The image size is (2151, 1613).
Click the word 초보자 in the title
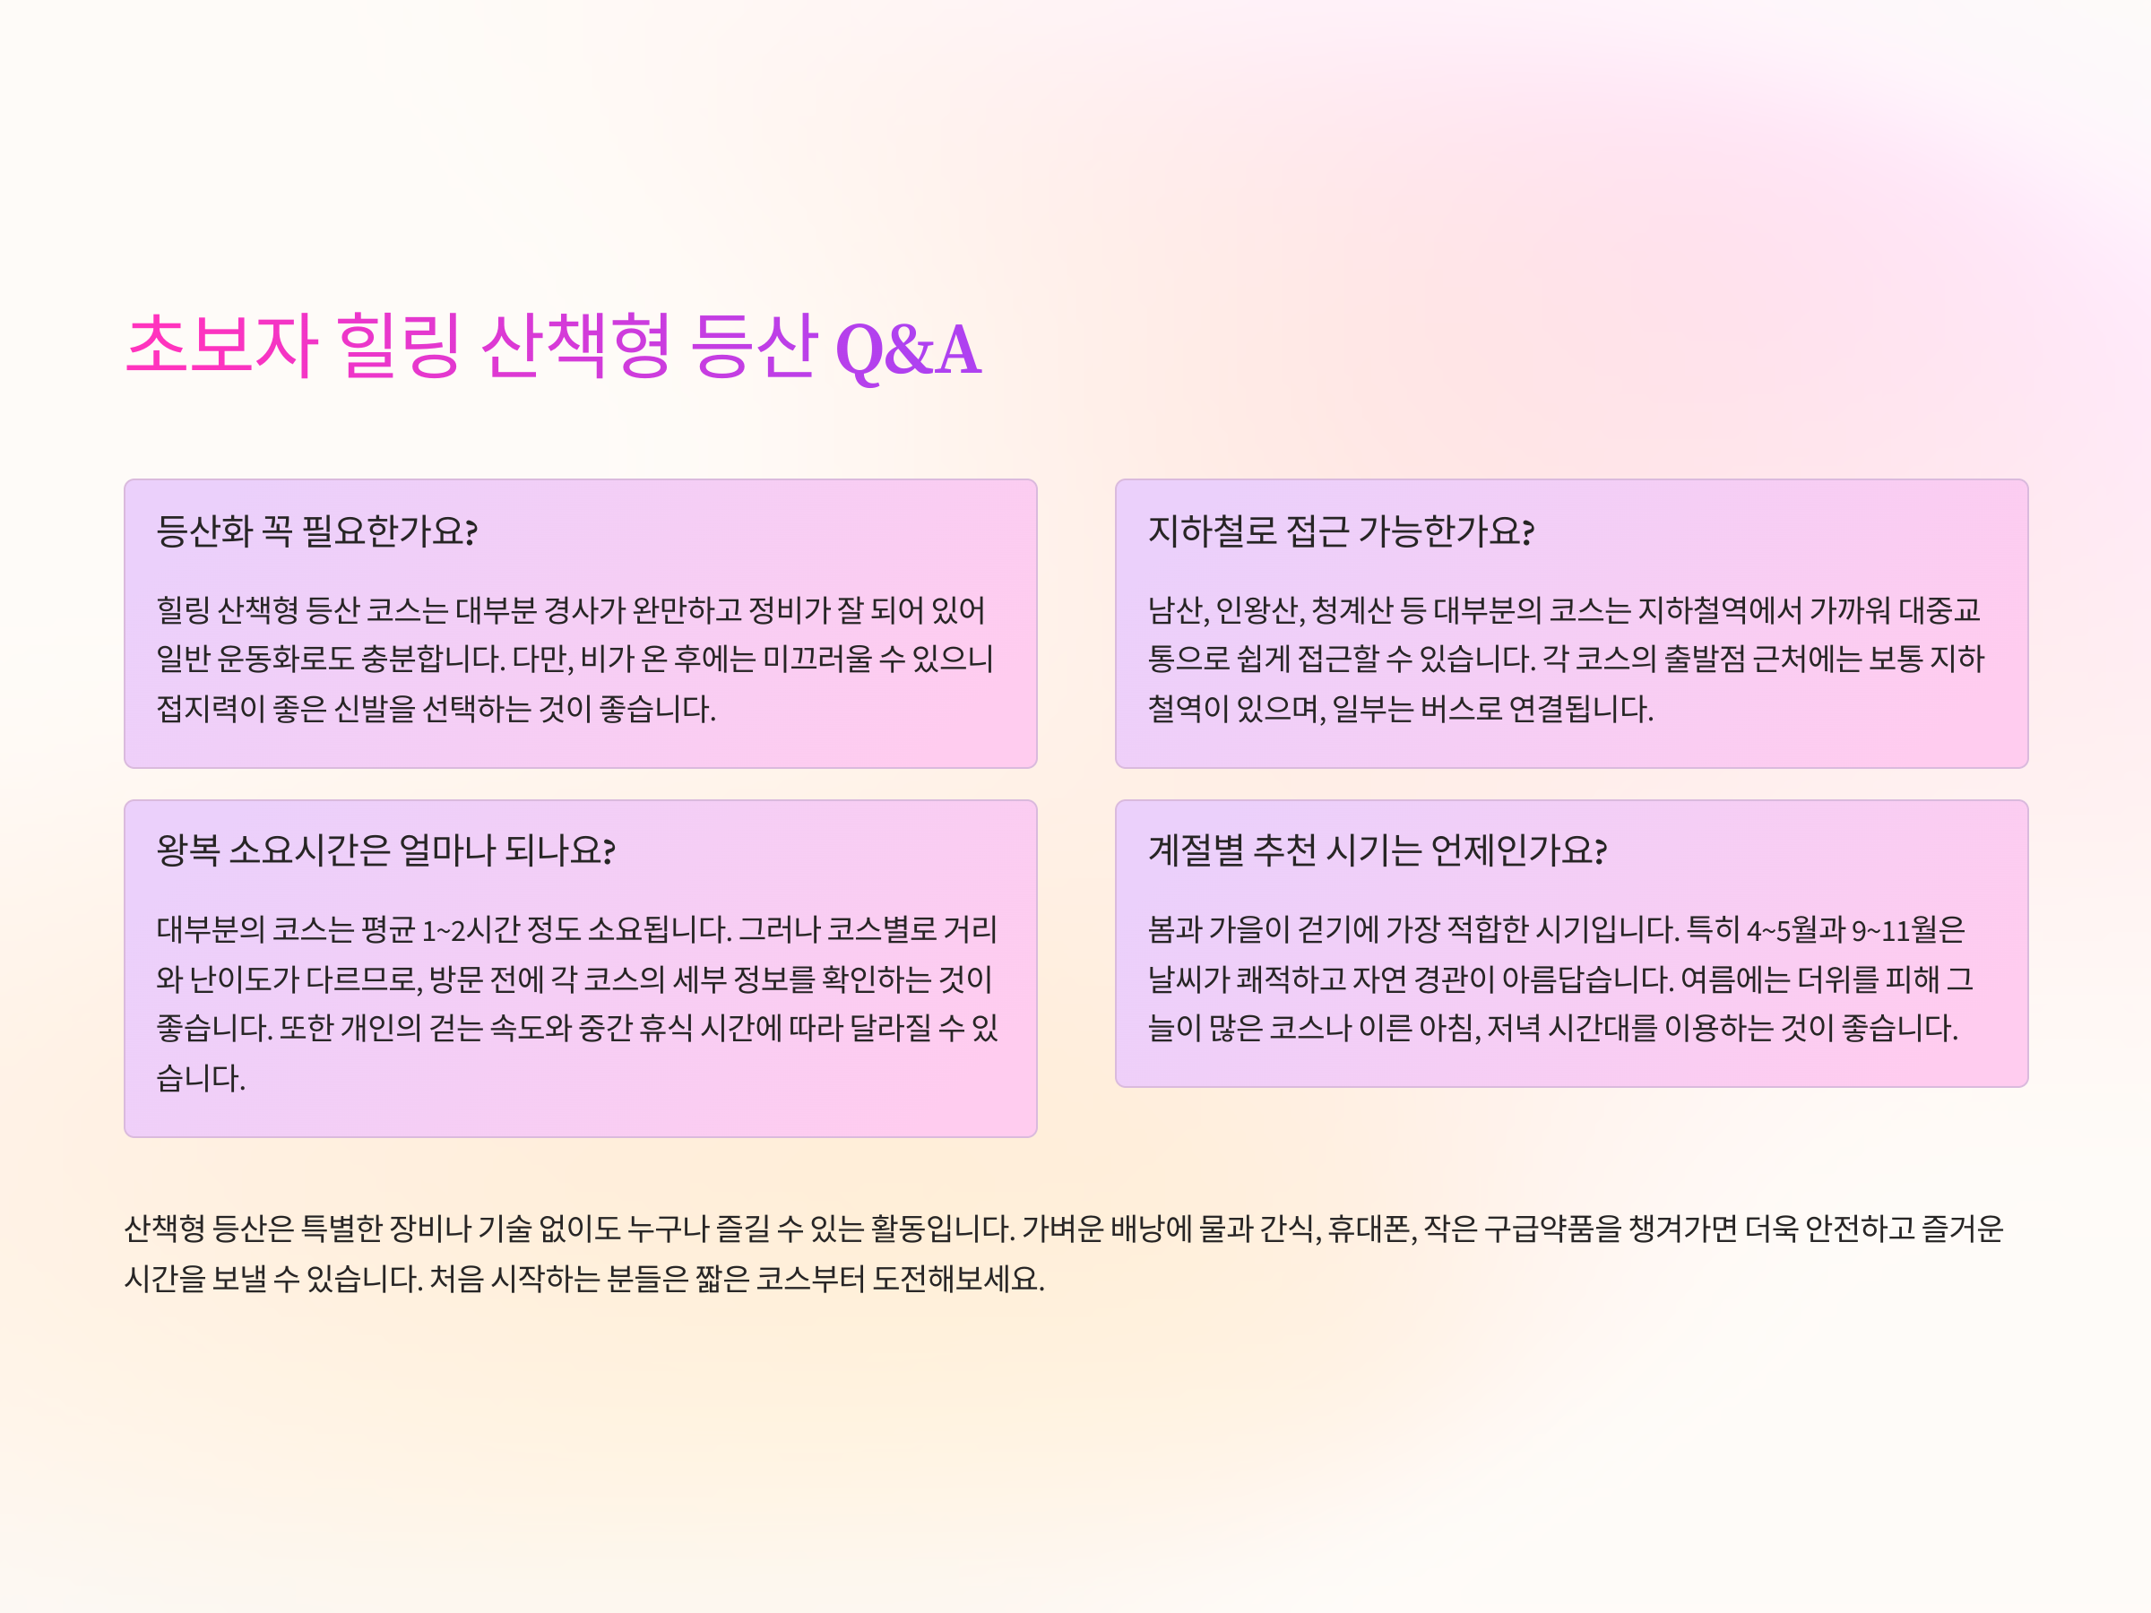point(221,345)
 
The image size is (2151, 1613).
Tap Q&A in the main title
point(908,350)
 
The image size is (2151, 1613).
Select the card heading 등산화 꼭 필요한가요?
point(317,530)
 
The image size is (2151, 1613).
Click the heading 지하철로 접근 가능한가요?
point(1341,530)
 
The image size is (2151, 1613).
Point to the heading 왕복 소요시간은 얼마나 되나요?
point(386,850)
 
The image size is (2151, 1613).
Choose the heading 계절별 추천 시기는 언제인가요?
point(1377,850)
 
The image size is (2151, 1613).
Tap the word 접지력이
point(211,709)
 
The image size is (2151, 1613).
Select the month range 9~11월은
point(1908,930)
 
